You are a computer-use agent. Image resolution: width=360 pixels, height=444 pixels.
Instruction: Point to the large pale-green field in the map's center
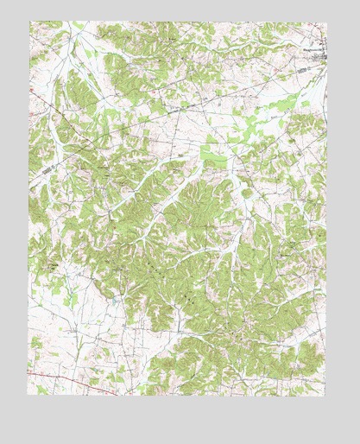(213, 155)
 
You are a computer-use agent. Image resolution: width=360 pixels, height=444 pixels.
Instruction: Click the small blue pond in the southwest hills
(114, 299)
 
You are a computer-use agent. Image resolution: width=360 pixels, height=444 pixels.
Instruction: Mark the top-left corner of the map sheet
(29, 22)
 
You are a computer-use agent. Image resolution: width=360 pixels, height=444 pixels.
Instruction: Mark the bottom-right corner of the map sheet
(327, 395)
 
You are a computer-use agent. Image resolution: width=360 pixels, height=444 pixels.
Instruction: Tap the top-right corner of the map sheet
(327, 22)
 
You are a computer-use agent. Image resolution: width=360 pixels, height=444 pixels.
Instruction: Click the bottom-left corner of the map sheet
(29, 395)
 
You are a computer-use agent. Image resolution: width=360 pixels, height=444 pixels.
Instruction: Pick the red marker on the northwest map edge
(31, 88)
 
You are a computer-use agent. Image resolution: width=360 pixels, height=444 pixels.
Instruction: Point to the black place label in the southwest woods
(54, 268)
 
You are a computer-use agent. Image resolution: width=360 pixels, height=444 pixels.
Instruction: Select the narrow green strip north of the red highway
(86, 363)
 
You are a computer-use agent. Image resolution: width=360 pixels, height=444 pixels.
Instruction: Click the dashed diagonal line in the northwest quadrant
(86, 121)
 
